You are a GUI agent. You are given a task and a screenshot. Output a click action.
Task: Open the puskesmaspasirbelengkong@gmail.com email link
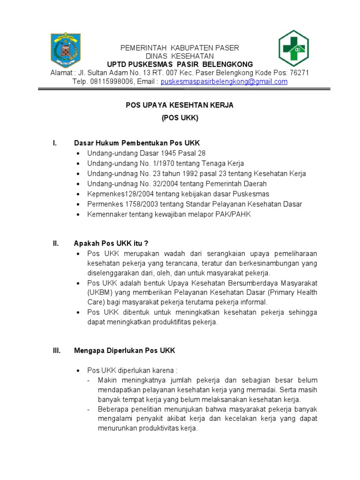click(224, 82)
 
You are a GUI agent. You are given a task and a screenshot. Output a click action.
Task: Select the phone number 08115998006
click(112, 82)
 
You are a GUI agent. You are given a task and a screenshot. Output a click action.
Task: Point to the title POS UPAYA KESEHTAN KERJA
click(180, 105)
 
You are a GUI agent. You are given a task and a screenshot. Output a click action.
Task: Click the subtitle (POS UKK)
click(180, 119)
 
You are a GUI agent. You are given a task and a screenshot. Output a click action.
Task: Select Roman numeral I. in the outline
click(54, 142)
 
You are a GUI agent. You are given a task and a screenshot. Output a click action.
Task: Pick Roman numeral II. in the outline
click(55, 243)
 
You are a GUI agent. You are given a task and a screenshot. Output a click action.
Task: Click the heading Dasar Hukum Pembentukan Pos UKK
click(137, 142)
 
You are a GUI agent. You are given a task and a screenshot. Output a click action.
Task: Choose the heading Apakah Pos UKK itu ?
click(111, 243)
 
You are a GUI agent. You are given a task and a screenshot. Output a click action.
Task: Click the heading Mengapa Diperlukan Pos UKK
click(124, 351)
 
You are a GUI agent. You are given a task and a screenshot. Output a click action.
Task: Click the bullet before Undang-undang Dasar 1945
click(78, 153)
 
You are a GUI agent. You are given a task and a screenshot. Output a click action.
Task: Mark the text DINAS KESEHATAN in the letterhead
click(180, 56)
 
